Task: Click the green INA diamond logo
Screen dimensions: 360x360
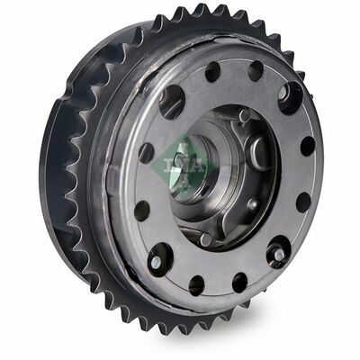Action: tap(184, 166)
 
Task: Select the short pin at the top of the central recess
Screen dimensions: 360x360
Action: tap(244, 115)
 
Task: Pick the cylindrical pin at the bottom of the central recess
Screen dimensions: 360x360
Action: tap(205, 239)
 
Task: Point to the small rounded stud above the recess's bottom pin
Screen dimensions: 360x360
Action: tap(252, 205)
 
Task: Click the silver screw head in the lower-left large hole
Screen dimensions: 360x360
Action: tap(155, 263)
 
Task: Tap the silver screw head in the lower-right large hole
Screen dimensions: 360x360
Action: tap(279, 255)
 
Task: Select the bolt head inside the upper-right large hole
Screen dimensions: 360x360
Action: tap(284, 94)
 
